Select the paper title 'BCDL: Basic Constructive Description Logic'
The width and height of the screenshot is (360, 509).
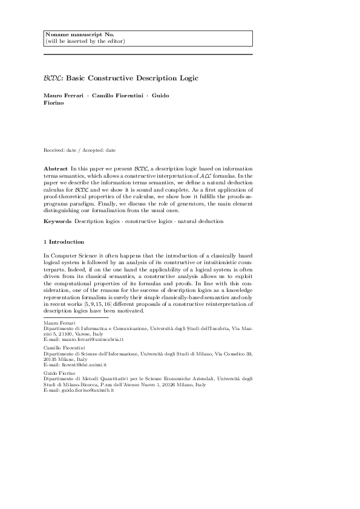coord(121,78)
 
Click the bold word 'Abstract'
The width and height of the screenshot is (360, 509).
coord(56,166)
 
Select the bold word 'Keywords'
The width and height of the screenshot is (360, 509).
coord(58,221)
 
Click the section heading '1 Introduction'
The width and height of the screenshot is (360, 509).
coord(64,242)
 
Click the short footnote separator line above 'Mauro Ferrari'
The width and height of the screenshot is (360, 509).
coord(76,317)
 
